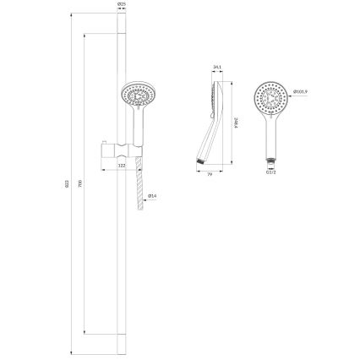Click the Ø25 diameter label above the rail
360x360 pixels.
pos(122,5)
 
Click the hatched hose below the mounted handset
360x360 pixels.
pos(136,190)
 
